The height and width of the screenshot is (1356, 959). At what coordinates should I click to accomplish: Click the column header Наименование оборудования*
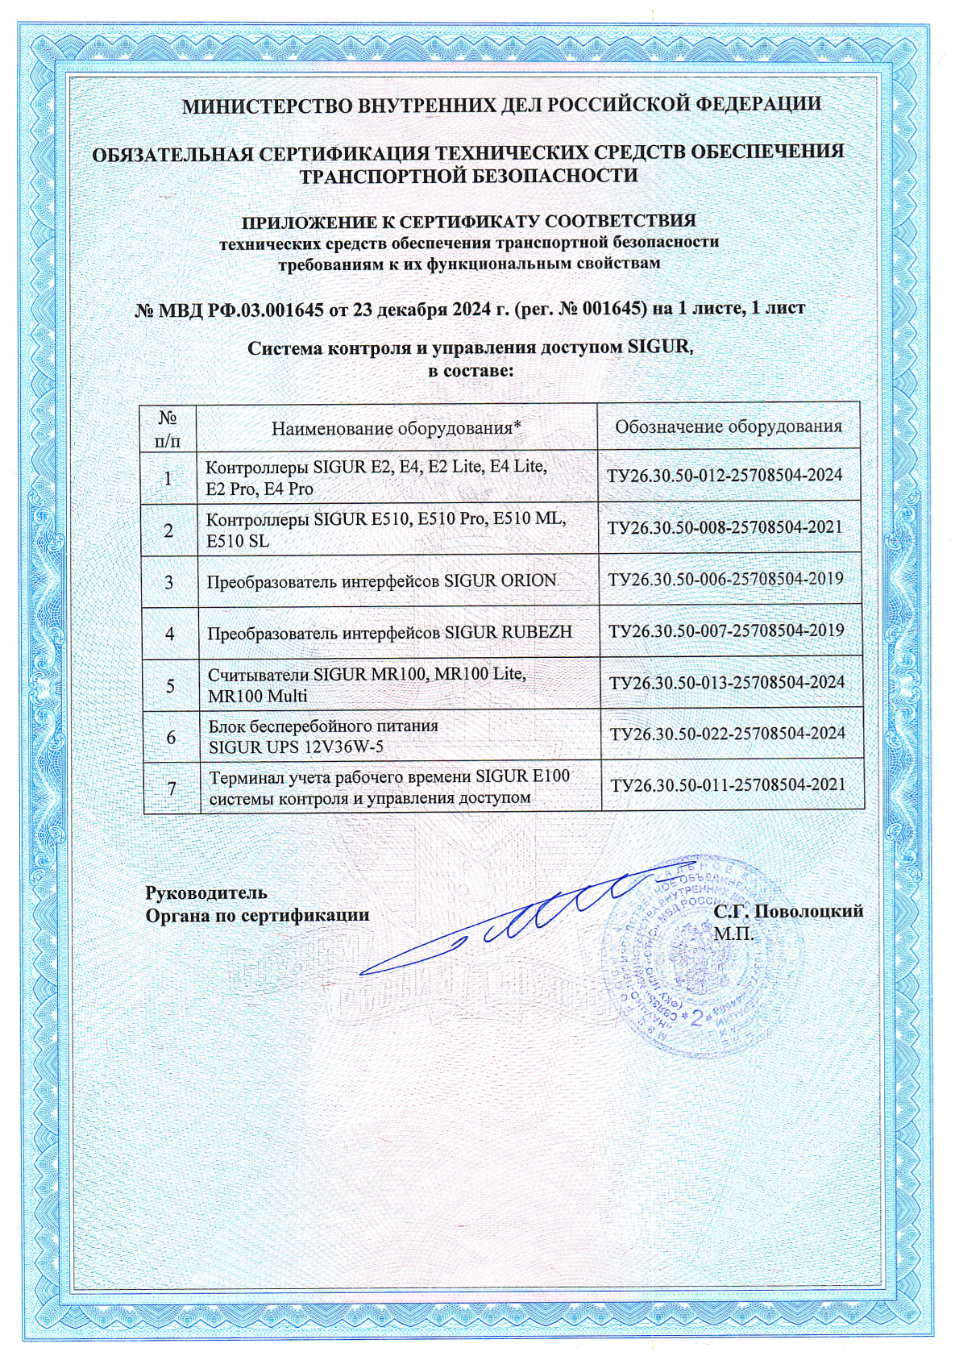coord(396,427)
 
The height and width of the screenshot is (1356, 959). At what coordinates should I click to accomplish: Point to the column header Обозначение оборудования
coord(729,426)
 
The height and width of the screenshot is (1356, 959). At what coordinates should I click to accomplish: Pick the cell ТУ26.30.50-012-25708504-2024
coord(724,476)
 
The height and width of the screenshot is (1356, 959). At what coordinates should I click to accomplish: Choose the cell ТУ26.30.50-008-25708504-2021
coord(724,527)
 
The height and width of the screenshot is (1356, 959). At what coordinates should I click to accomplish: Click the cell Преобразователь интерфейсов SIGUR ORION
coord(381,580)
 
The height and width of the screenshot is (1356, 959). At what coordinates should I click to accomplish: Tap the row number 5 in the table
coord(170,686)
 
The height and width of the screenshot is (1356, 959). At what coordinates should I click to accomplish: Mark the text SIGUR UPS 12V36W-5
coord(296,747)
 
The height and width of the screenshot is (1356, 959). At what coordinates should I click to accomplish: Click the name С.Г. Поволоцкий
coord(788,911)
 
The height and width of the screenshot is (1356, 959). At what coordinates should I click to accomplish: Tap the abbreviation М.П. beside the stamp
coord(733,934)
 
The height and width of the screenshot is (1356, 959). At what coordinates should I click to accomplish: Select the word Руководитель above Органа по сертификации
coord(205,892)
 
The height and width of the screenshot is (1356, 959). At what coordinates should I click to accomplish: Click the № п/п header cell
coord(168,428)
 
